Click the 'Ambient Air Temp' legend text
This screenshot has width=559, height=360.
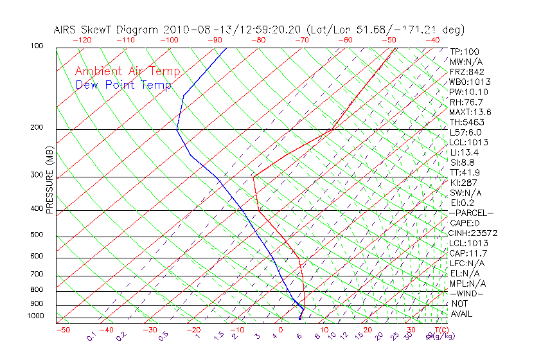[127, 71]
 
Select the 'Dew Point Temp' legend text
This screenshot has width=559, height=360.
[123, 85]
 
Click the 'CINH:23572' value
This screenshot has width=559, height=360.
[474, 233]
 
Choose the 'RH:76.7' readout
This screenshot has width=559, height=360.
[466, 102]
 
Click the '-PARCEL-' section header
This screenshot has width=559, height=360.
[471, 213]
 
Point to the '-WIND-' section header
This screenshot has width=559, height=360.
[467, 293]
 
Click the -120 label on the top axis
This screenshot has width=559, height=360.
[82, 39]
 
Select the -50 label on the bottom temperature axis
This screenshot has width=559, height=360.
[62, 330]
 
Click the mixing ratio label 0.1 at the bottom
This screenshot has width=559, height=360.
[92, 336]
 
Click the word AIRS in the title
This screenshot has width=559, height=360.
[67, 30]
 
